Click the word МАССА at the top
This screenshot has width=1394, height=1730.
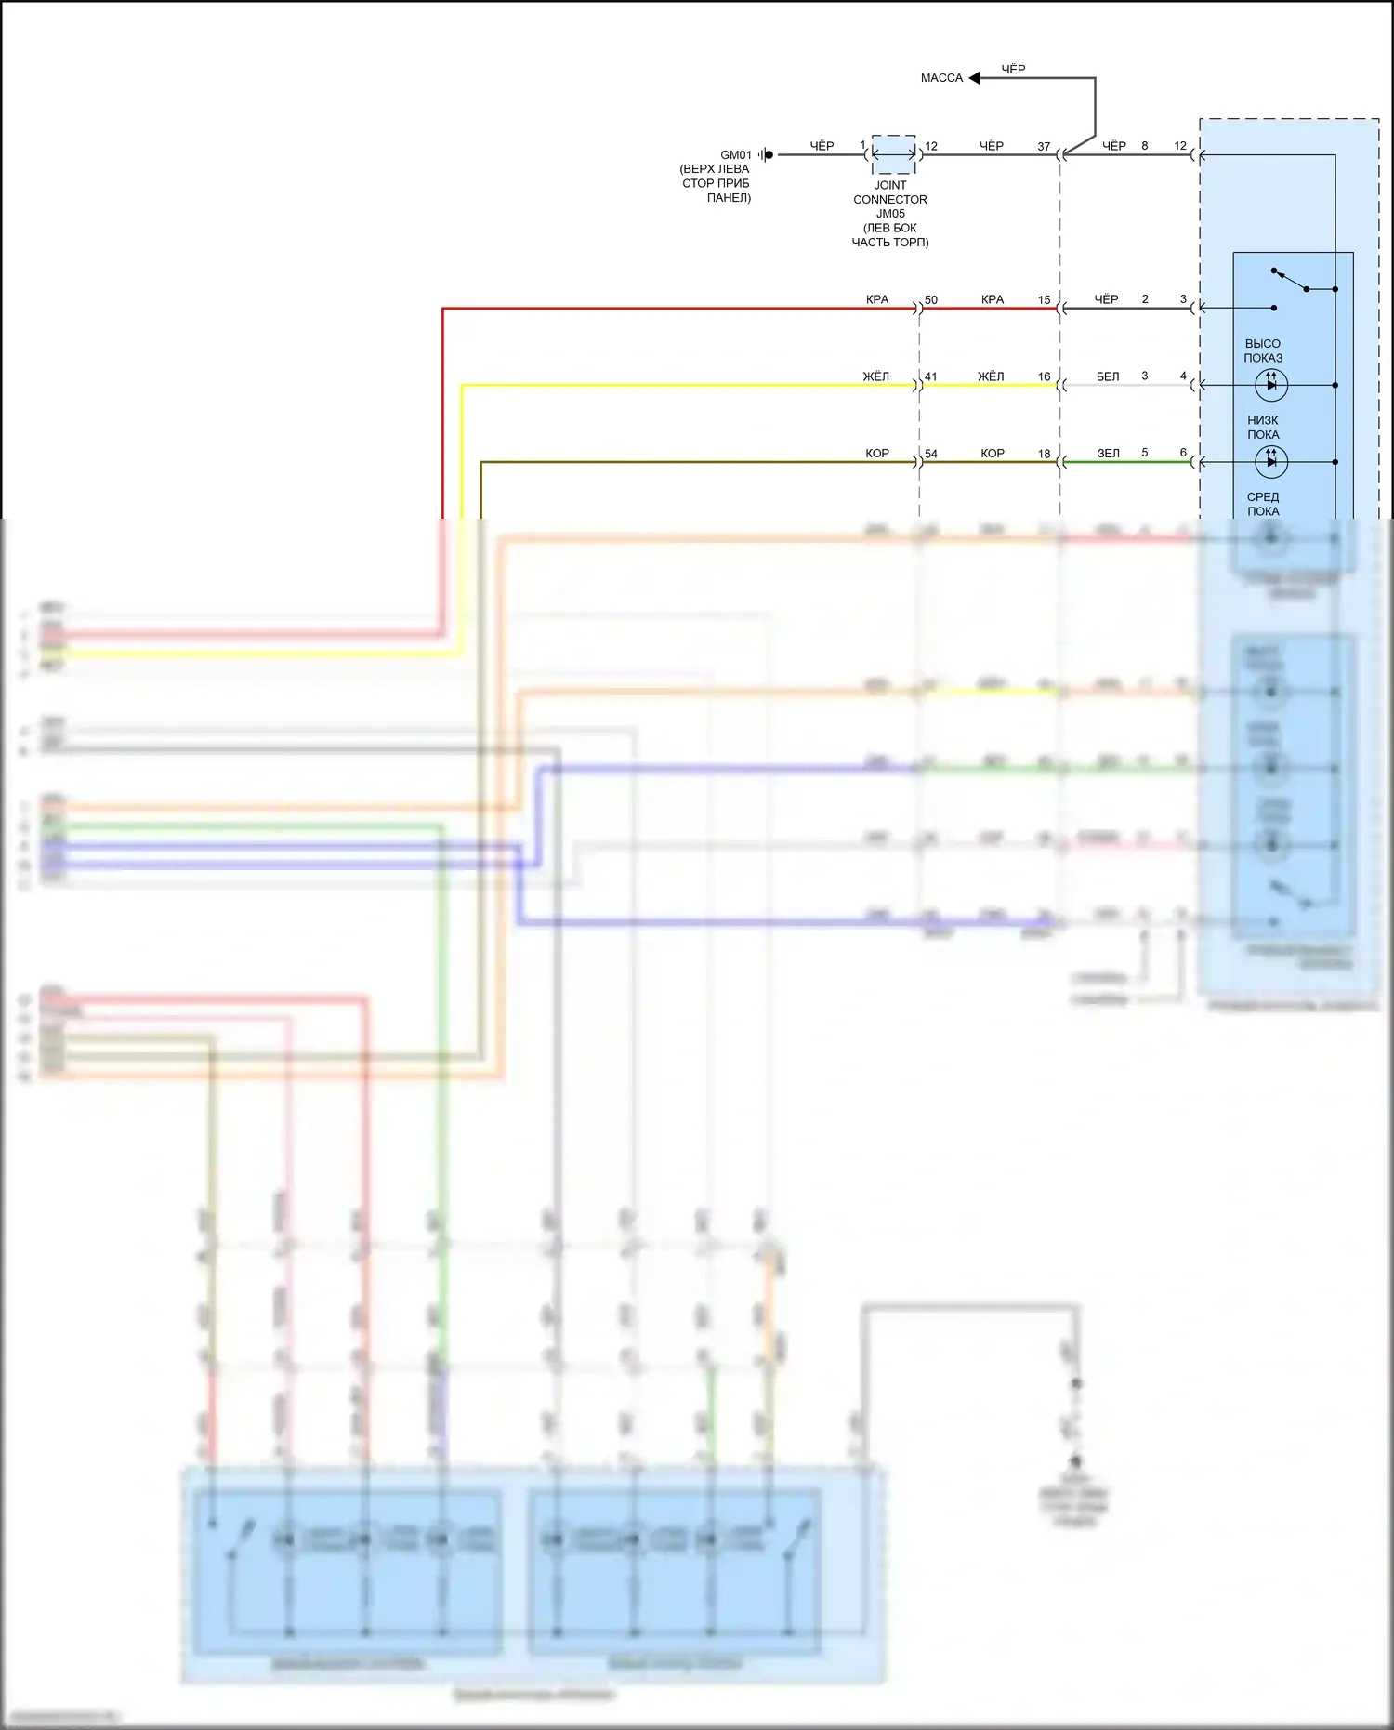click(x=941, y=78)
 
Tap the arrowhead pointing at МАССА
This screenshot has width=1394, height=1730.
click(x=975, y=78)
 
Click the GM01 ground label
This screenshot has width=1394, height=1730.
click(x=735, y=155)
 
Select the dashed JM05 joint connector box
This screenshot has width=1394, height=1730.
click(x=893, y=154)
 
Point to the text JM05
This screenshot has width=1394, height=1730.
click(x=890, y=214)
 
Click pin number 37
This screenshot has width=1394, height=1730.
click(x=1044, y=147)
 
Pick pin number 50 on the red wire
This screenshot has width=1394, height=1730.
click(x=931, y=300)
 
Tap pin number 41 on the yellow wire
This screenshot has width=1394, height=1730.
click(x=931, y=377)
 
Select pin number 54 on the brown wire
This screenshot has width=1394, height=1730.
click(x=931, y=455)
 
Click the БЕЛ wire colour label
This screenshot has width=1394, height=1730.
click(x=1108, y=377)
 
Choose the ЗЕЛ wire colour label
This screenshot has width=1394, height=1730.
click(x=1108, y=454)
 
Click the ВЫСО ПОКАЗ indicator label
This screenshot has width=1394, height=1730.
click(x=1263, y=350)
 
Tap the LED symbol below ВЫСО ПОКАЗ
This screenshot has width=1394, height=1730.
click(x=1270, y=384)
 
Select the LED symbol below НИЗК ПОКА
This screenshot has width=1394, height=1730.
click(x=1270, y=461)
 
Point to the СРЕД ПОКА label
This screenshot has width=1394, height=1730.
click(x=1263, y=504)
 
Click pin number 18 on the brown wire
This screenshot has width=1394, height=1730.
click(x=1044, y=455)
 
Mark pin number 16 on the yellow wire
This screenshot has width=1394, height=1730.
click(x=1044, y=377)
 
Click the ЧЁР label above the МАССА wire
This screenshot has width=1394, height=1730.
click(x=1013, y=70)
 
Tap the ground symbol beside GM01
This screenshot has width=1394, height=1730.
click(x=766, y=155)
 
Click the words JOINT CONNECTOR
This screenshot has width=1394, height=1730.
click(x=890, y=192)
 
